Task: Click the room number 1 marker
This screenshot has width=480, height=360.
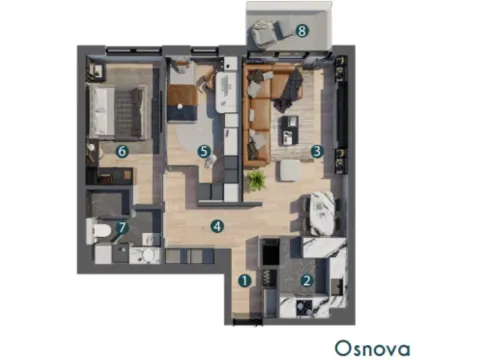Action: [244, 281]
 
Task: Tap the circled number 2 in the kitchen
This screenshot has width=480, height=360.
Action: [307, 281]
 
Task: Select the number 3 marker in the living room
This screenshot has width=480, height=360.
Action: [316, 152]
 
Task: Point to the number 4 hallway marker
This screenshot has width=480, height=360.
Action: [216, 226]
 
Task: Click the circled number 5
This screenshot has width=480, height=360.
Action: [204, 152]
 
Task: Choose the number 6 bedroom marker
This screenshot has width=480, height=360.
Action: [122, 152]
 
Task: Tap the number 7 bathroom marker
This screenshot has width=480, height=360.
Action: [122, 228]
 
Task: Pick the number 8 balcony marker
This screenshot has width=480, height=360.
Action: [302, 31]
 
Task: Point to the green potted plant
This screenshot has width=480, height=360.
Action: [257, 180]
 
